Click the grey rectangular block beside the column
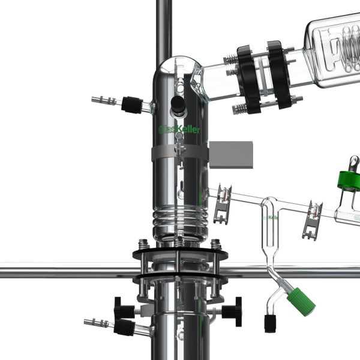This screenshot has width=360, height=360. pos(230,154)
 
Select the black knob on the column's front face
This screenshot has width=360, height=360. pos(177,104)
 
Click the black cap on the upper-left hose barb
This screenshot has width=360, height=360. pos(130,105)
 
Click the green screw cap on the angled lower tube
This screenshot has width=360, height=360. pos(300,301)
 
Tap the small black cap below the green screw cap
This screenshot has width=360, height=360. pos(270,323)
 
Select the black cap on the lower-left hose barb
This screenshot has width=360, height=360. pos(124,326)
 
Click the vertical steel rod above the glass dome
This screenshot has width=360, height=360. pos(163,27)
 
